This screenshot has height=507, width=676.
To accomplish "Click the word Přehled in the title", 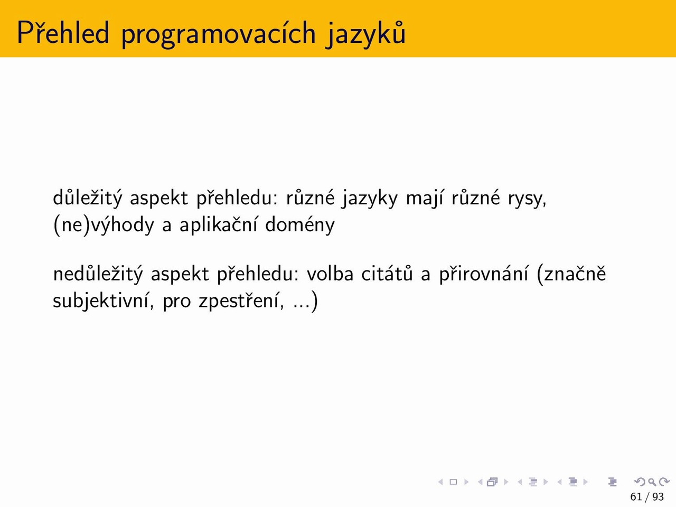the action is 63,32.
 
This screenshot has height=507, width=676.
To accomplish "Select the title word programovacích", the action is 219,33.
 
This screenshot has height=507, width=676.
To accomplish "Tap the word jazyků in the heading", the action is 366,33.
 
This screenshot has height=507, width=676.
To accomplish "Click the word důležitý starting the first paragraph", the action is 88,198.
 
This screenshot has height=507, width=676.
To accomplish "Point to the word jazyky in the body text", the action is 370,199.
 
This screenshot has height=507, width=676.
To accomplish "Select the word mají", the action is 425,199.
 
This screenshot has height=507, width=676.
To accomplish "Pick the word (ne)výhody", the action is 104,225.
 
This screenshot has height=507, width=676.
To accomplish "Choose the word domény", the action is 299,224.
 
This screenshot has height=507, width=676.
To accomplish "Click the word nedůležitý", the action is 98,274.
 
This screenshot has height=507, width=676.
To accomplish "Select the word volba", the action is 330,274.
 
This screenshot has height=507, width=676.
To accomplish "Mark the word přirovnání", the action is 484,274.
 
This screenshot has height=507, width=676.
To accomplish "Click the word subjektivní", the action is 103,301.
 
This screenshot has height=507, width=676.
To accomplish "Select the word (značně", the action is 571,274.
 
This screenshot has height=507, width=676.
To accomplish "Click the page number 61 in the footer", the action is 636,497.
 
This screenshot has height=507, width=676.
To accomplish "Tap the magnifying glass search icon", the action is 652,482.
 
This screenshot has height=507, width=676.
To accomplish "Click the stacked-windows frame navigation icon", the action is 492,482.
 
